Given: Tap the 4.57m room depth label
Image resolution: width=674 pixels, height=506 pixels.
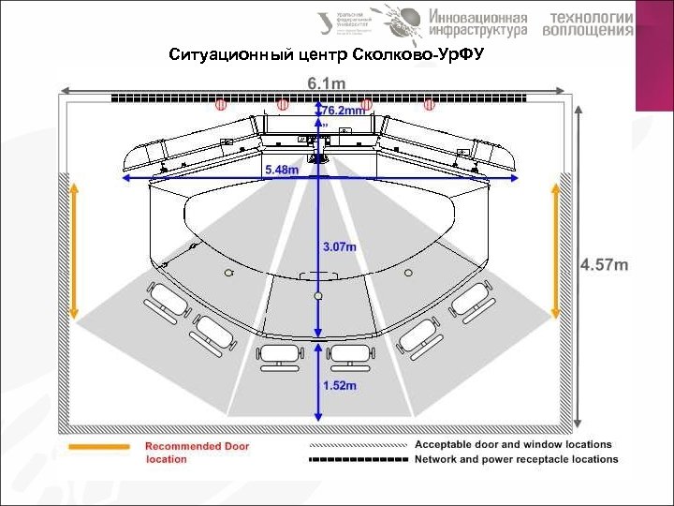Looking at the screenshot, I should (605, 264).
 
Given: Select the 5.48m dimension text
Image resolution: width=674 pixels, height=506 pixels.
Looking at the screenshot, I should (282, 170).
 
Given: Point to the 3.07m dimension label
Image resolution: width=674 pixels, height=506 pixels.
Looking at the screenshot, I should (339, 246).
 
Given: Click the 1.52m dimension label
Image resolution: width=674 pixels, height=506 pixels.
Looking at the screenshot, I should (339, 384).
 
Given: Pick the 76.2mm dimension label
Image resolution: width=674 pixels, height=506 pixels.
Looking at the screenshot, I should (343, 111).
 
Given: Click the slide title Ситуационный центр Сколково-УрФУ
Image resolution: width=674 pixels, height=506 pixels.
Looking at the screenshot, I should (325, 54).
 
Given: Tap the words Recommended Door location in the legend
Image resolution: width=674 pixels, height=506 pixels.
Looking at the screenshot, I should (197, 453).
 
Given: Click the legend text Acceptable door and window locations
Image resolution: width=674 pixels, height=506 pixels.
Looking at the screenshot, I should (513, 444).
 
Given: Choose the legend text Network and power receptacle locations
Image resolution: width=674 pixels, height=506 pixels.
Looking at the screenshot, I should (516, 459).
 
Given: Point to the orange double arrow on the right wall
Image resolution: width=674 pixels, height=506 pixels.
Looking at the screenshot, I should (556, 251).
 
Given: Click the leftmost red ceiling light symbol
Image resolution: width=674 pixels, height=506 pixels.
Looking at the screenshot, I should (222, 104).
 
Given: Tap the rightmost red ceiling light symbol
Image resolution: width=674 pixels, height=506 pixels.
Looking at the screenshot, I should (430, 104).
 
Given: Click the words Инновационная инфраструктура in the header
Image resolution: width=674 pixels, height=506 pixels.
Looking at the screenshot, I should (478, 23).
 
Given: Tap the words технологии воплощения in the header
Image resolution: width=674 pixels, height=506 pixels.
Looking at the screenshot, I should (592, 23).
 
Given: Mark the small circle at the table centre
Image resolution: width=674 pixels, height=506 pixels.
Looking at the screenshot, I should (318, 295).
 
